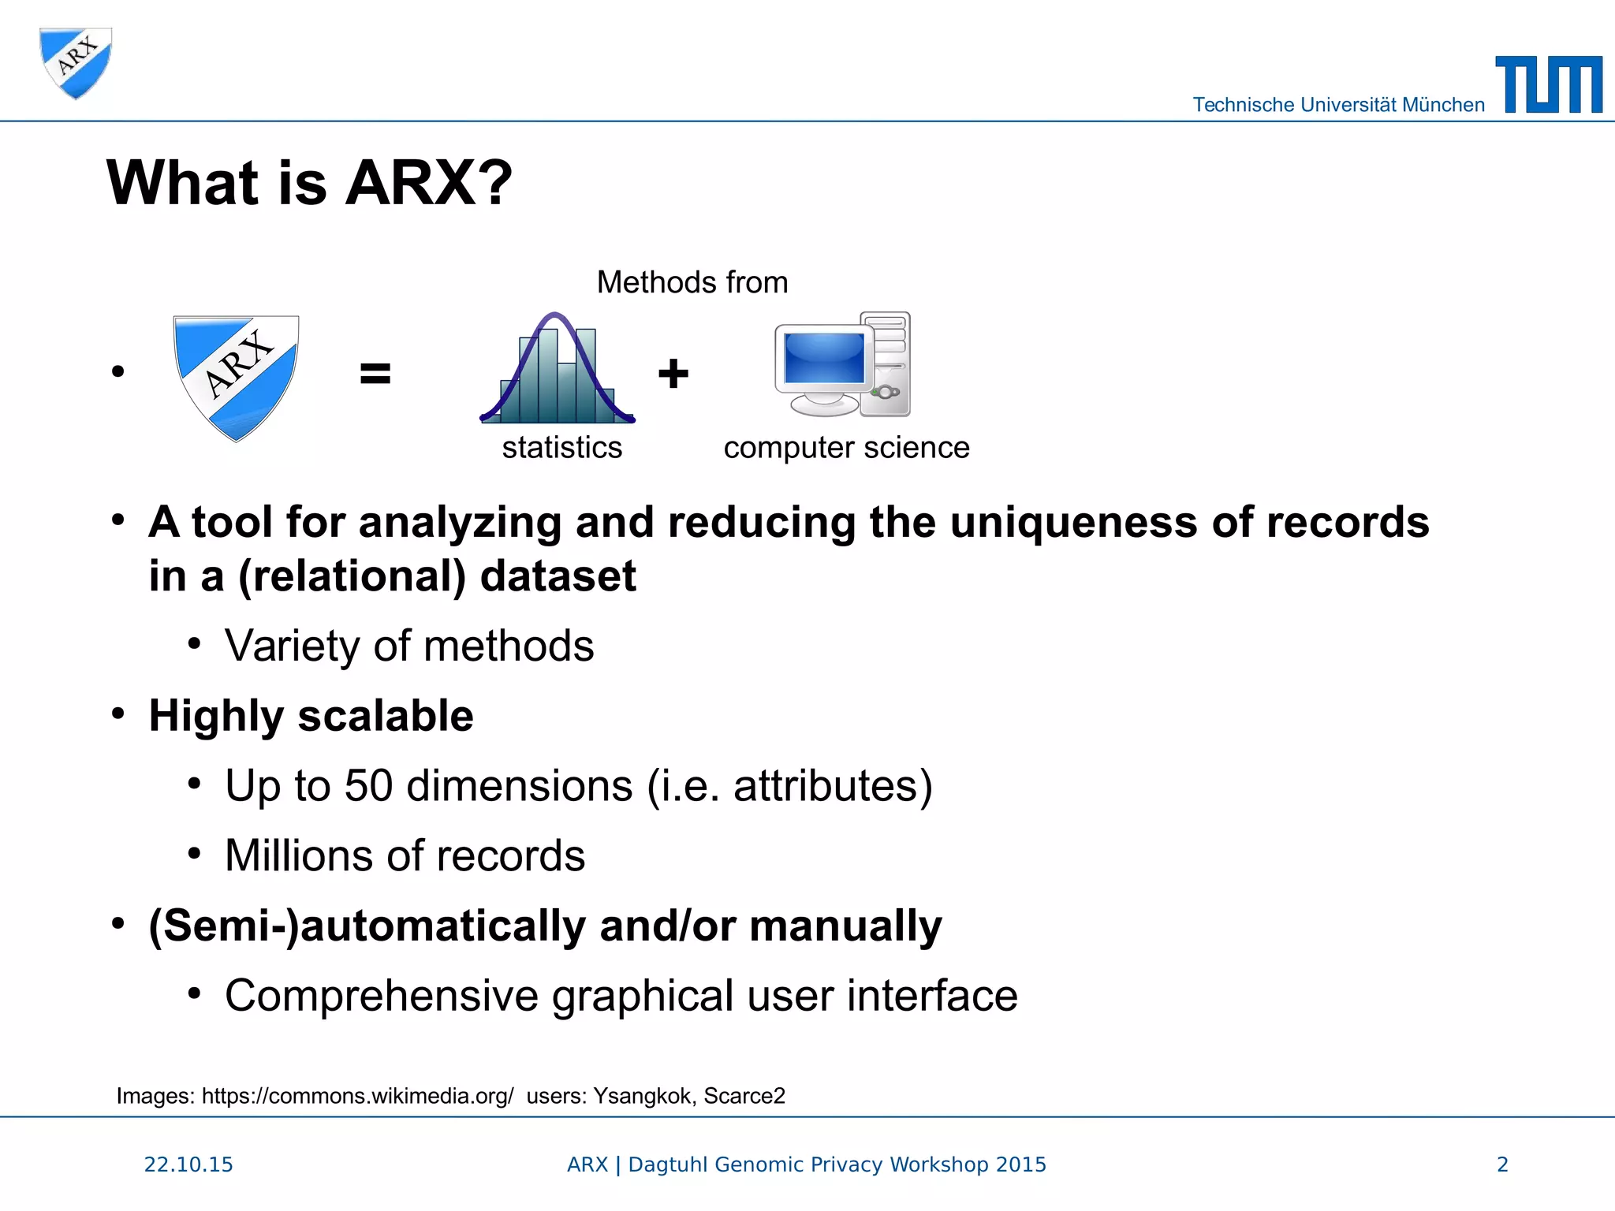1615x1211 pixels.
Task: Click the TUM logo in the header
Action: pos(1548,85)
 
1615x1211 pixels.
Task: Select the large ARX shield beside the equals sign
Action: pos(236,376)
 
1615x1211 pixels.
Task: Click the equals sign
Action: pos(375,373)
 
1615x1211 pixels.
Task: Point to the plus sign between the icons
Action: pos(673,373)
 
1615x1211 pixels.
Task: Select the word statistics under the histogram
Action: pos(561,448)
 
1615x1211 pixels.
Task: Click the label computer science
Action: pos(846,448)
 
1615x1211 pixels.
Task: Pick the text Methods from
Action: pos(692,282)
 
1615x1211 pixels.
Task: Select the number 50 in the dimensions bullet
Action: pos(368,786)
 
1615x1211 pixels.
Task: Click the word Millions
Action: pos(301,855)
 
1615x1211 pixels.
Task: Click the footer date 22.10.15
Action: pos(188,1164)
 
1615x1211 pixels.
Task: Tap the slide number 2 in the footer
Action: pos(1502,1164)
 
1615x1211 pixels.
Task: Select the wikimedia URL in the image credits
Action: pos(357,1096)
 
